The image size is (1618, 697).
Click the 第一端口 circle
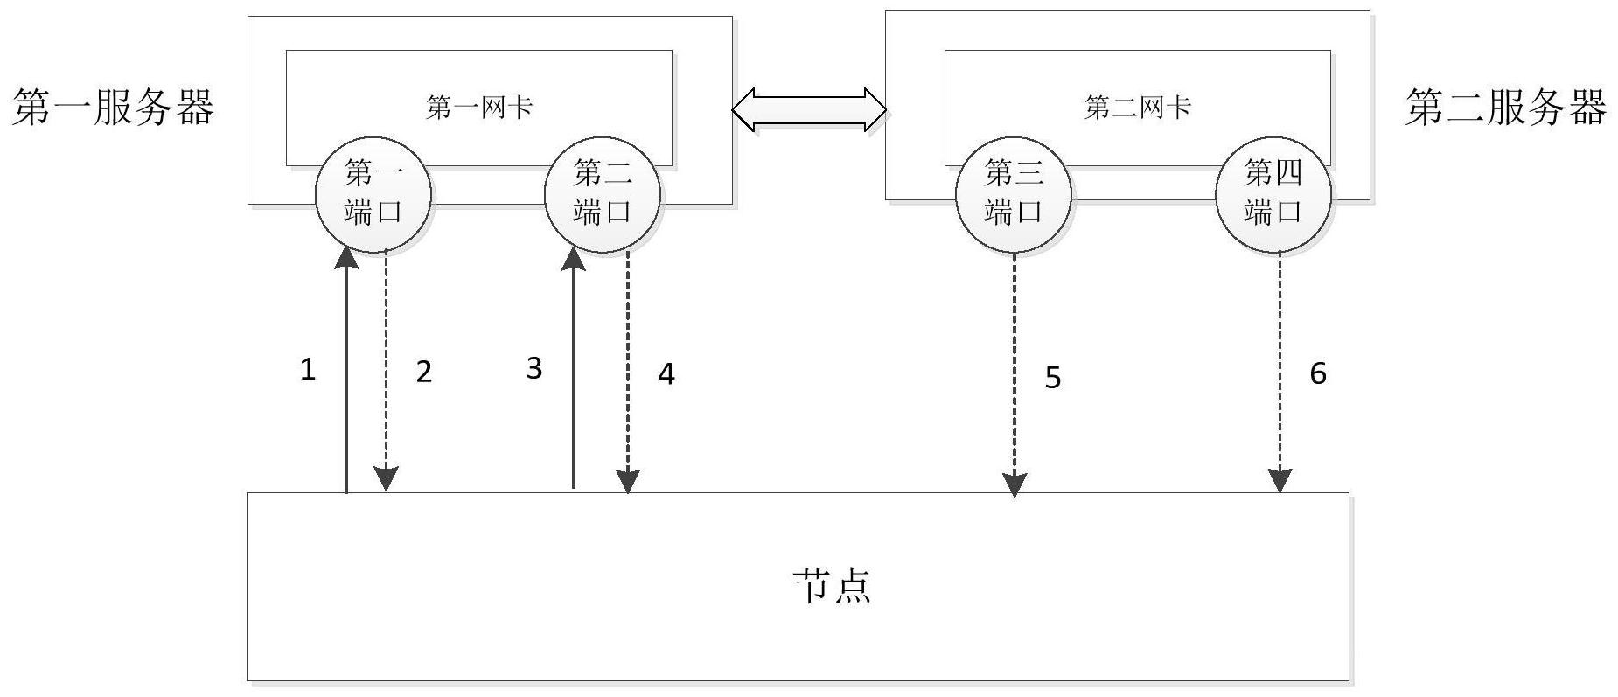pyautogui.click(x=373, y=193)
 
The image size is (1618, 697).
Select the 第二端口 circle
pyautogui.click(x=603, y=193)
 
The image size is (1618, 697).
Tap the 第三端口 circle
pyautogui.click(x=1014, y=193)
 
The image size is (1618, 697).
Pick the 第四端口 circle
pyautogui.click(x=1273, y=193)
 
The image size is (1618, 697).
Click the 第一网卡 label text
pyautogui.click(x=479, y=108)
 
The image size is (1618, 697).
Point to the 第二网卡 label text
pyautogui.click(x=1138, y=108)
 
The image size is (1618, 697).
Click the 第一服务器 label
pyautogui.click(x=114, y=108)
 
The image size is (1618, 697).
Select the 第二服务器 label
pyautogui.click(x=1505, y=108)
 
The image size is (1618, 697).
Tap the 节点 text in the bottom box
pyautogui.click(x=832, y=585)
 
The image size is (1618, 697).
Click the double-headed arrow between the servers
pyautogui.click(x=809, y=109)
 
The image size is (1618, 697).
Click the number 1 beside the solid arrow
pyautogui.click(x=308, y=369)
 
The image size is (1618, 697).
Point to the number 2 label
pyautogui.click(x=424, y=372)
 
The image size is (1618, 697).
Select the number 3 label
pyautogui.click(x=534, y=368)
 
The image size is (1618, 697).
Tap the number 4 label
pyautogui.click(x=666, y=374)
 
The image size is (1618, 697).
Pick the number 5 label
pyautogui.click(x=1053, y=378)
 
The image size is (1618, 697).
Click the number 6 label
pyautogui.click(x=1318, y=373)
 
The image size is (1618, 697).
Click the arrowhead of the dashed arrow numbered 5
pyautogui.click(x=1015, y=484)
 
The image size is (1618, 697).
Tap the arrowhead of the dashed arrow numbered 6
pyautogui.click(x=1280, y=481)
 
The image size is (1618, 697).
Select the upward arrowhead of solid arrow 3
pyautogui.click(x=575, y=258)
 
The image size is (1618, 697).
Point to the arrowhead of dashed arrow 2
pyautogui.click(x=386, y=479)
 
